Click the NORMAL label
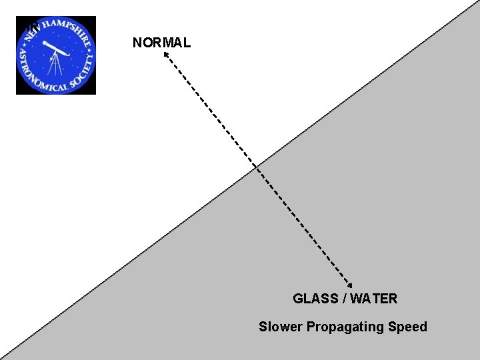tap(161, 43)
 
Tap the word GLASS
tap(315, 299)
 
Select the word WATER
tap(373, 299)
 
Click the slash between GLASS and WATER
tap(344, 299)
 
